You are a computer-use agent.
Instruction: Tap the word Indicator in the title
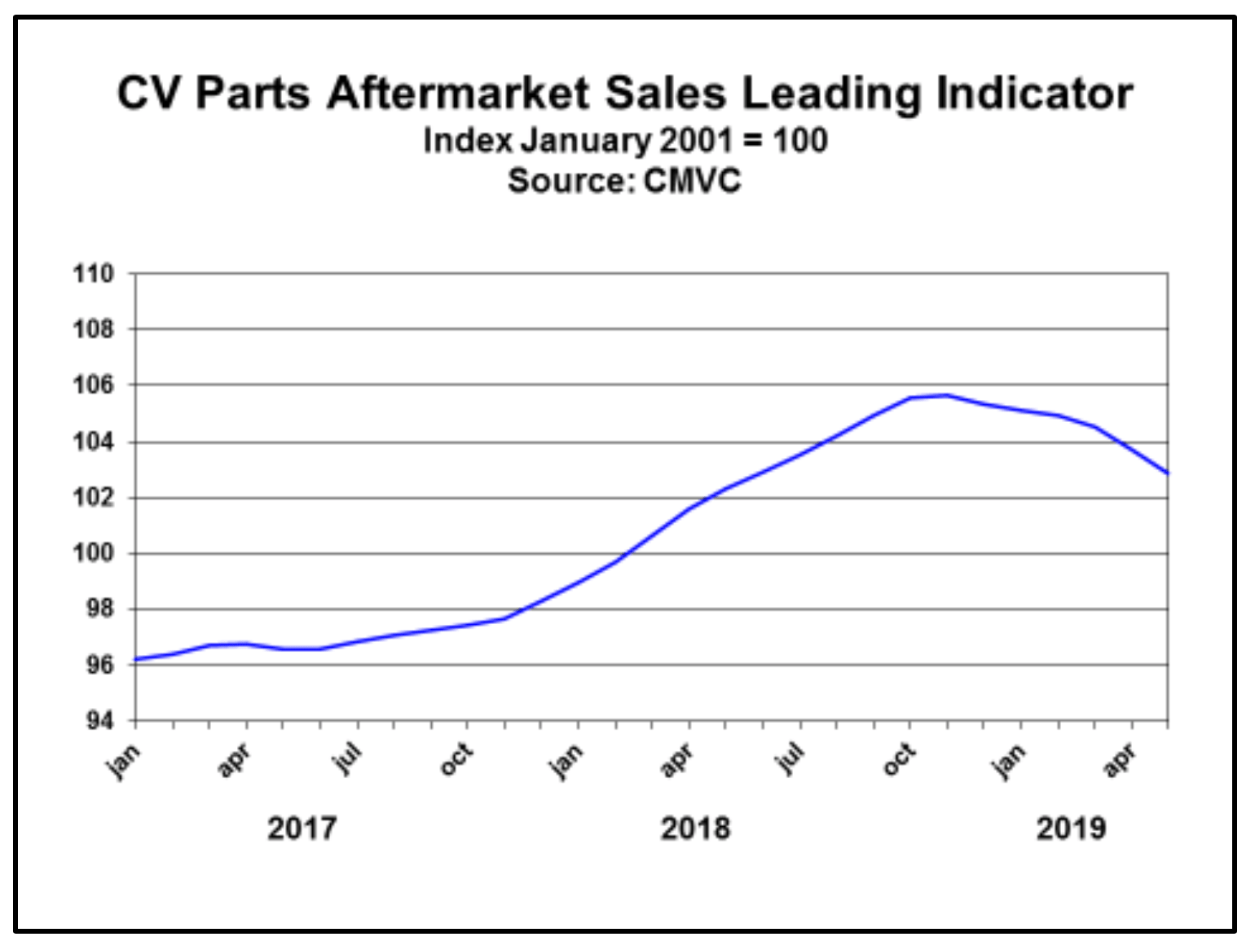tap(1034, 93)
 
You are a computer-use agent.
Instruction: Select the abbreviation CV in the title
tap(149, 93)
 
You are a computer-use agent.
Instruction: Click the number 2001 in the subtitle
tap(696, 140)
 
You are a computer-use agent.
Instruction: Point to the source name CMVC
tap(692, 180)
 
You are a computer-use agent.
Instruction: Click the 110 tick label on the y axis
tap(93, 274)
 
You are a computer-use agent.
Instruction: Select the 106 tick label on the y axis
tap(93, 385)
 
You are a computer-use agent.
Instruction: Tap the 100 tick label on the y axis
tap(93, 553)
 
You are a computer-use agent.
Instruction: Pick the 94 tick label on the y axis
tap(99, 721)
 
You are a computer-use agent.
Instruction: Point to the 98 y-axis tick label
tap(99, 609)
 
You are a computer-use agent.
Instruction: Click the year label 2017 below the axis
tap(302, 829)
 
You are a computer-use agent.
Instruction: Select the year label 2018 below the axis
tap(695, 829)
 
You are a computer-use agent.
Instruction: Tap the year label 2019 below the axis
tap(1071, 829)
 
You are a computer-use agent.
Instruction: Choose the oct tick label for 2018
tap(899, 759)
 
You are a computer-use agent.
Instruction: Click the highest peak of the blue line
tap(946, 396)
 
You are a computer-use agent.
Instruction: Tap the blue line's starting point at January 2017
tap(136, 659)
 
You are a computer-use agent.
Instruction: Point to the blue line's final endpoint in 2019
tap(1167, 473)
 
